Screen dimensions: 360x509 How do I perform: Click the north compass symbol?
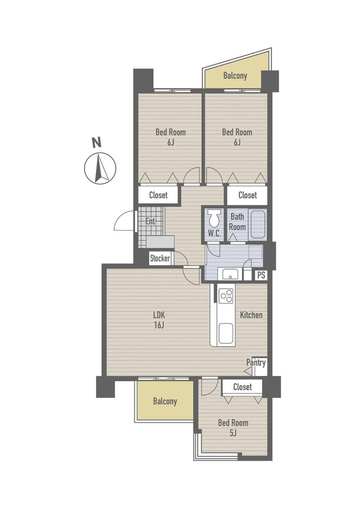click(100, 168)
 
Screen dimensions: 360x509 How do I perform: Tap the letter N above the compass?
click(96, 143)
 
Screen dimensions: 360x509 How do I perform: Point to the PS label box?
click(261, 275)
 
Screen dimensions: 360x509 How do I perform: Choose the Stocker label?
click(160, 258)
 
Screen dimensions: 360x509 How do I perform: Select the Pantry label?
click(256, 362)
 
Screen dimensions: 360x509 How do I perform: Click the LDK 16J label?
click(159, 320)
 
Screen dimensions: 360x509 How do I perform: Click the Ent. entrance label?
click(151, 221)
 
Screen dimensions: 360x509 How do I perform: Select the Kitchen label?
click(251, 315)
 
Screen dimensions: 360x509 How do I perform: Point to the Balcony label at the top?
click(235, 76)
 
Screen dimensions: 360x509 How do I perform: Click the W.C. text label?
click(214, 234)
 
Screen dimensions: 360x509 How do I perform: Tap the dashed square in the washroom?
click(256, 252)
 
